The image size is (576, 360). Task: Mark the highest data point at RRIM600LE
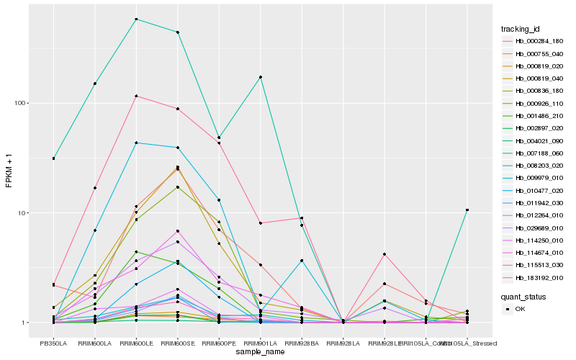[x=136, y=19]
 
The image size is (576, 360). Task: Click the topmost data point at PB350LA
[x=53, y=158]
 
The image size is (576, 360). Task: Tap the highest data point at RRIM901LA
[x=260, y=77]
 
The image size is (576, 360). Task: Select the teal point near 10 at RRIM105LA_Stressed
[x=467, y=210]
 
